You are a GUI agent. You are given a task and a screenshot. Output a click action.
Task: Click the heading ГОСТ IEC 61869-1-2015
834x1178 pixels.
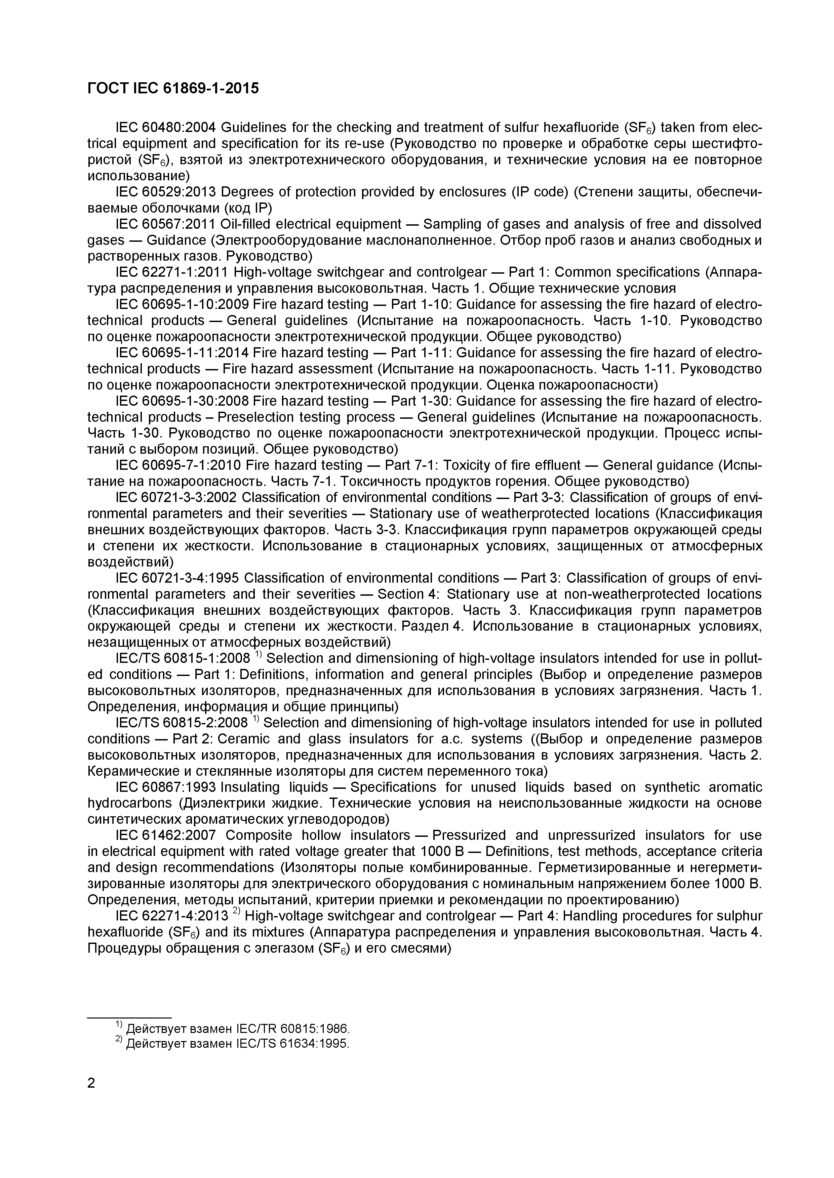coord(173,88)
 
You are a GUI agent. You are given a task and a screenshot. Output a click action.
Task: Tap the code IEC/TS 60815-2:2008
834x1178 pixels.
coord(182,722)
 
